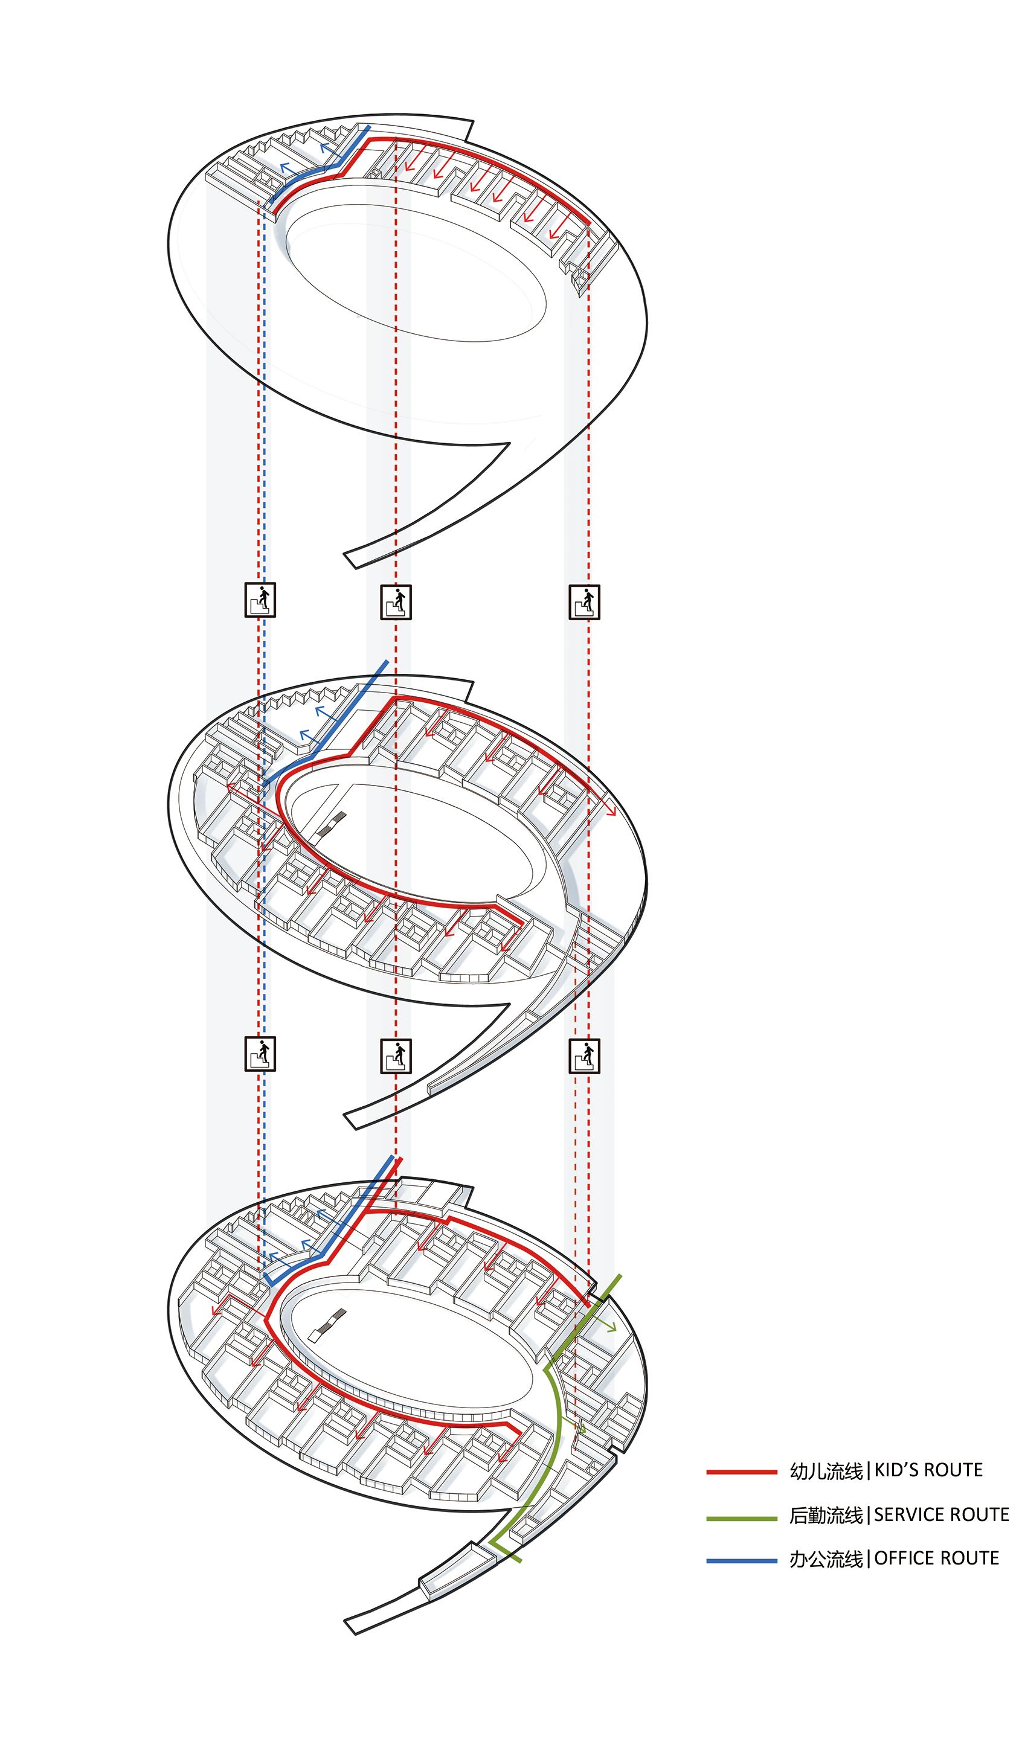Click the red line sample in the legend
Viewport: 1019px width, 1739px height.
point(742,1472)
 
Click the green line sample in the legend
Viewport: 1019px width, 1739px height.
point(742,1518)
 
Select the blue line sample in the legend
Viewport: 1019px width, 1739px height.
point(742,1560)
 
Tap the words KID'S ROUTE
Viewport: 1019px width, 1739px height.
point(928,1470)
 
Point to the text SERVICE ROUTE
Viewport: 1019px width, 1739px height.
point(942,1516)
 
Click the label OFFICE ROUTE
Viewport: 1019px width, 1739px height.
point(937,1559)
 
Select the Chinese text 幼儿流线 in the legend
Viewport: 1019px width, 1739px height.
point(826,1472)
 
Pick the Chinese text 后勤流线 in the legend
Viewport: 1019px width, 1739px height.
point(826,1516)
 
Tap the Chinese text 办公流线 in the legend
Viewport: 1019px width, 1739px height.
point(826,1560)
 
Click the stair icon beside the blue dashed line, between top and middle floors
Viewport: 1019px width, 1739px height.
point(260,600)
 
